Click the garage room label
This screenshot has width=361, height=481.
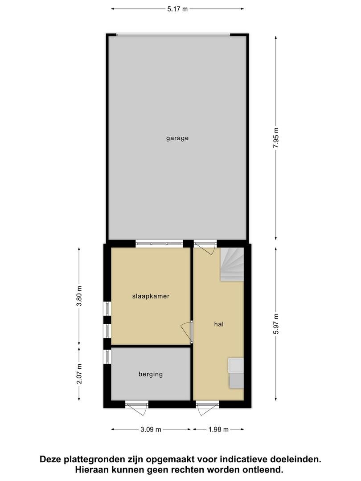177,138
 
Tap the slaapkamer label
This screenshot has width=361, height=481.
151,296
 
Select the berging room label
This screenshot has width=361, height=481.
151,374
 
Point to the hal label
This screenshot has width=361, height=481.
219,324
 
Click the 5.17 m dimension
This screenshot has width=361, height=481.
177,9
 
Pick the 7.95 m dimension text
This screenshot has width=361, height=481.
276,138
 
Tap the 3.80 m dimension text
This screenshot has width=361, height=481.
79,296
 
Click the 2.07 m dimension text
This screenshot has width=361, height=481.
79,374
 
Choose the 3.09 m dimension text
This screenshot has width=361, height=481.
151,429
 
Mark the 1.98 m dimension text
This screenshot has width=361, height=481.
218,429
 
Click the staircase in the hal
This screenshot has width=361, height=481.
232,265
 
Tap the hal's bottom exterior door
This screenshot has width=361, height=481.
208,408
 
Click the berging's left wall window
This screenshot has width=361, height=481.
107,357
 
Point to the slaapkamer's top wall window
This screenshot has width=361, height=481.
159,244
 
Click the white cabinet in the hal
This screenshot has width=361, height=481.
235,365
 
